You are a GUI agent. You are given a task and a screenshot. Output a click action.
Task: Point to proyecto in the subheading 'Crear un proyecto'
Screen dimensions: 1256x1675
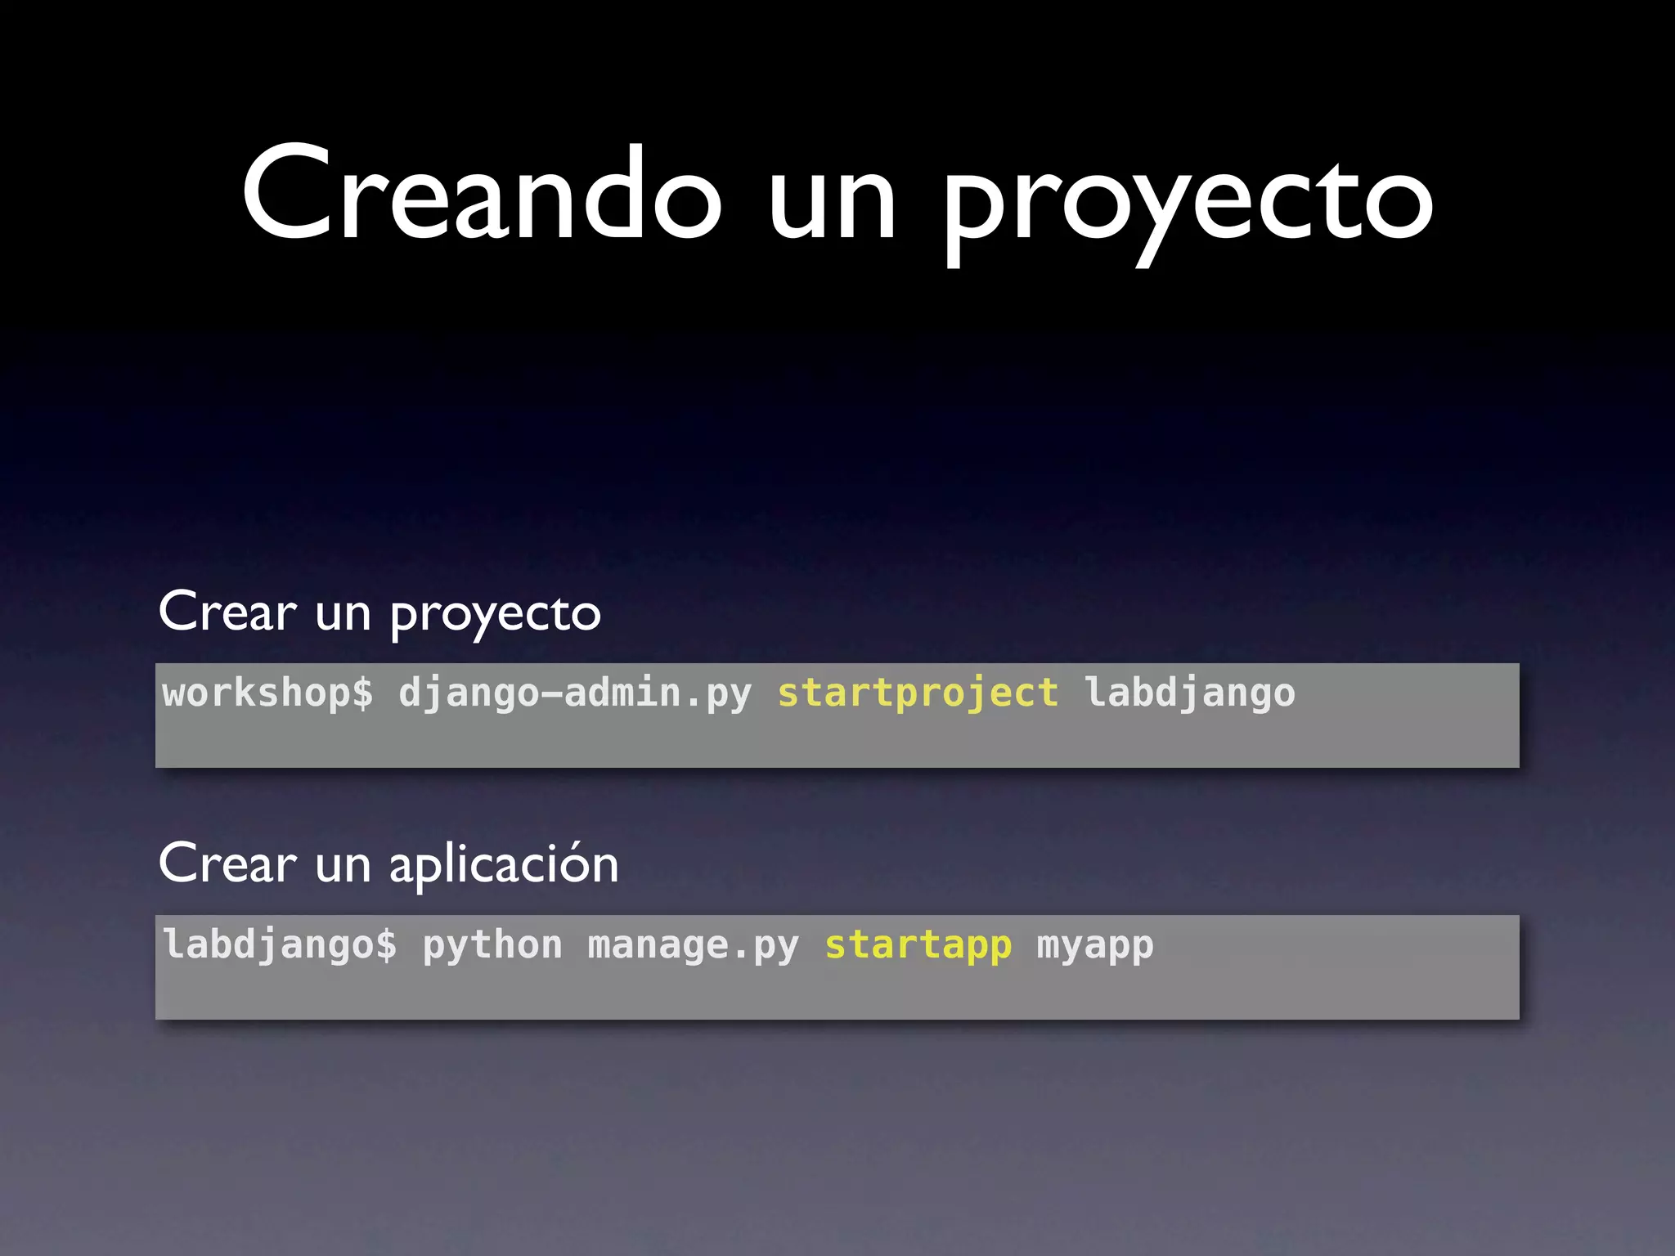(x=495, y=615)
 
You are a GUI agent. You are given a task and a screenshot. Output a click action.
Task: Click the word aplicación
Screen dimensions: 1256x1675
(x=503, y=865)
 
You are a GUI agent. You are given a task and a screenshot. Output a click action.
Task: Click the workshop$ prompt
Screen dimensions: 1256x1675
(x=267, y=693)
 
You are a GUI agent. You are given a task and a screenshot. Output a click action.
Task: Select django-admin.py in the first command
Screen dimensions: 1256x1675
(x=574, y=693)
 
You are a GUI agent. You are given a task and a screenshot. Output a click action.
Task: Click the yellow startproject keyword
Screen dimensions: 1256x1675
(x=918, y=693)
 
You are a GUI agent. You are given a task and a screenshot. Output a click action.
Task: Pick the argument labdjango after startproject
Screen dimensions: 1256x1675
(x=1189, y=693)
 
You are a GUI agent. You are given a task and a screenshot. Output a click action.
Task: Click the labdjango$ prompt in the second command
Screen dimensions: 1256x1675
(x=280, y=945)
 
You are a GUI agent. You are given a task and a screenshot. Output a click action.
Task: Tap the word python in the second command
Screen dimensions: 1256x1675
(x=492, y=945)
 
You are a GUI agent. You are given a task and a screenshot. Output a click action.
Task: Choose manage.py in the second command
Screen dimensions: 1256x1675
(x=693, y=945)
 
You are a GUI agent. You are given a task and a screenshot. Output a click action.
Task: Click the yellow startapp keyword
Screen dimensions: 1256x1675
(x=918, y=945)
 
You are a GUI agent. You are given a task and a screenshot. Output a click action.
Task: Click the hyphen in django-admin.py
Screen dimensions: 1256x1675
(x=551, y=693)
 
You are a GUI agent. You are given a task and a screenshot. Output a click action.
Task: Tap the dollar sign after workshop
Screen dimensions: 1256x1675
(x=362, y=693)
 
